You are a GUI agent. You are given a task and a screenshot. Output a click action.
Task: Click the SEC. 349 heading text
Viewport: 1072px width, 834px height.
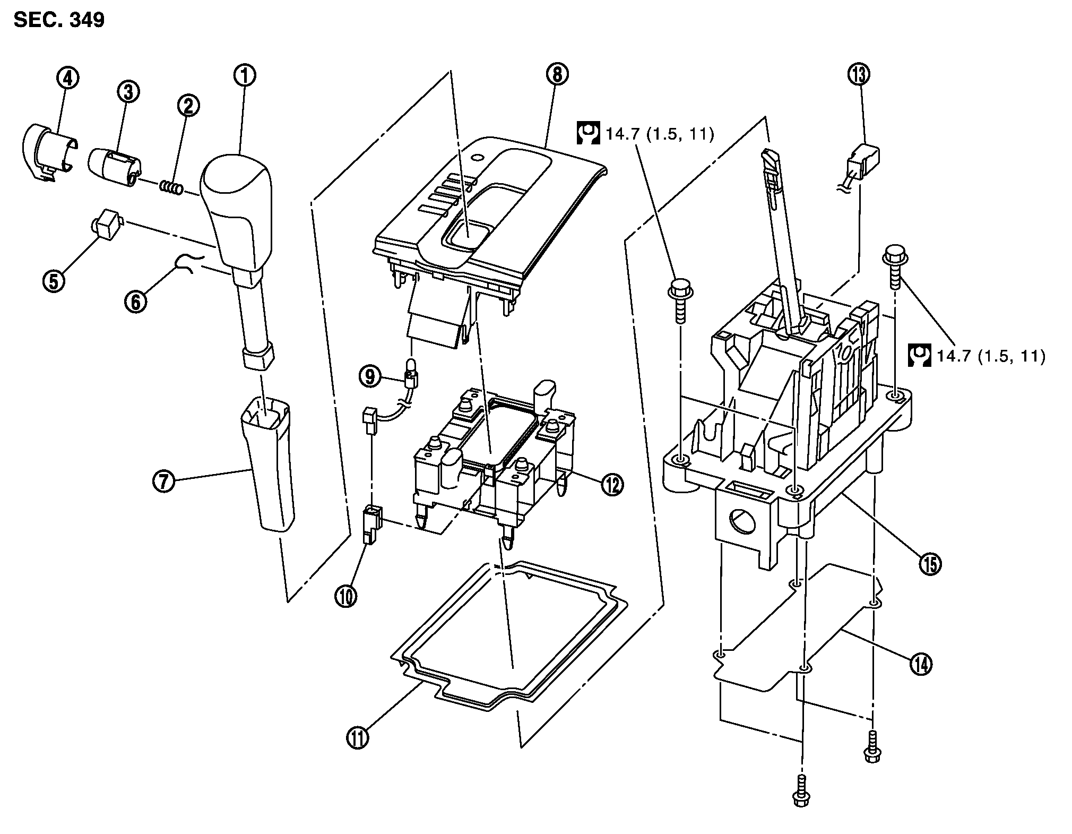[x=59, y=20]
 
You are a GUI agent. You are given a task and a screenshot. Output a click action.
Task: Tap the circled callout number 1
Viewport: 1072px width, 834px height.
[x=244, y=75]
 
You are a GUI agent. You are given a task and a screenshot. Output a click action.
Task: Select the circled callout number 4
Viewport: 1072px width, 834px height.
[x=68, y=79]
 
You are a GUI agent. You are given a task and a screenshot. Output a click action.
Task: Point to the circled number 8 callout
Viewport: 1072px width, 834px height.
[x=556, y=74]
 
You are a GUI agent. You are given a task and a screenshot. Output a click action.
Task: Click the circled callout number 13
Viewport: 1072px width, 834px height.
[x=859, y=74]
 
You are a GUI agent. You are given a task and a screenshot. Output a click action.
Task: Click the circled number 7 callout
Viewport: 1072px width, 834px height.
[x=163, y=482]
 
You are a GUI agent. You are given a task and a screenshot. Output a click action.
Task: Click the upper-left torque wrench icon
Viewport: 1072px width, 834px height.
[x=588, y=134]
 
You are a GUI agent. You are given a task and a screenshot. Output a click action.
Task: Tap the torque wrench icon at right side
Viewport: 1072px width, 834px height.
[x=920, y=356]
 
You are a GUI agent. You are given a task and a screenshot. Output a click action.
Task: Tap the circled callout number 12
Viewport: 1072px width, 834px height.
[x=612, y=484]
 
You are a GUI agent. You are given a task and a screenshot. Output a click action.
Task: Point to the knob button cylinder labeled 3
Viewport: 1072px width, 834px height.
[x=115, y=167]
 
